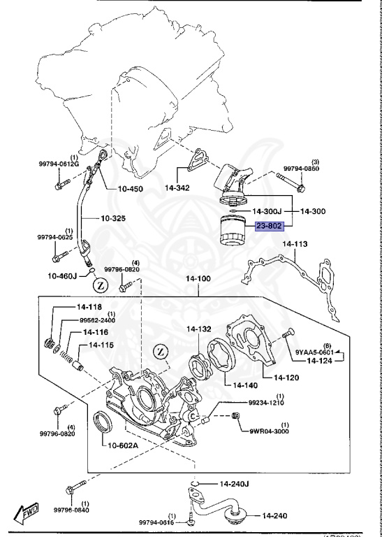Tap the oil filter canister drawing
(233, 231)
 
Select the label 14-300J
(267, 210)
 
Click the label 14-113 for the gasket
(295, 244)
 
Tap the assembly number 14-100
(198, 278)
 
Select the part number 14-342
(178, 187)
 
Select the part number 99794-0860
(302, 169)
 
